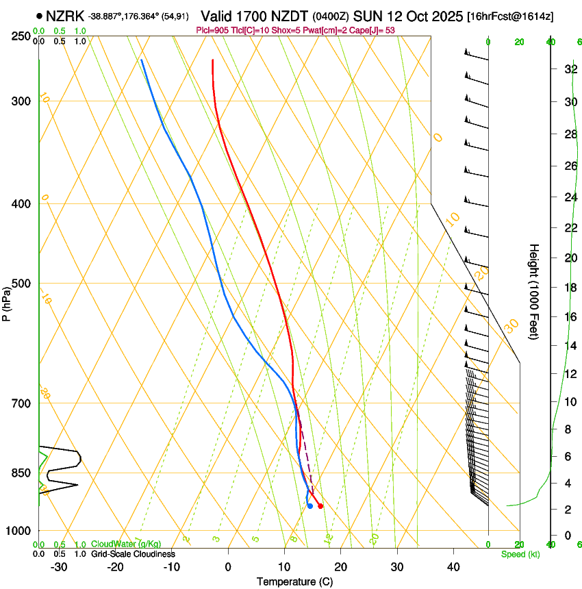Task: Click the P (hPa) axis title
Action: [x=7, y=300]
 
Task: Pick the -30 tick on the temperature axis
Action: [x=59, y=566]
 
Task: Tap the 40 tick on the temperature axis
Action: [x=453, y=566]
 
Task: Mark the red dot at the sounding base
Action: [x=320, y=506]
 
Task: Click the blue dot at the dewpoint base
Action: [x=310, y=506]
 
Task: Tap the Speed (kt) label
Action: [x=520, y=554]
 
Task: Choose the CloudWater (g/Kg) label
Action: [x=126, y=544]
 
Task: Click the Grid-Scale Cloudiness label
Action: [x=133, y=553]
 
